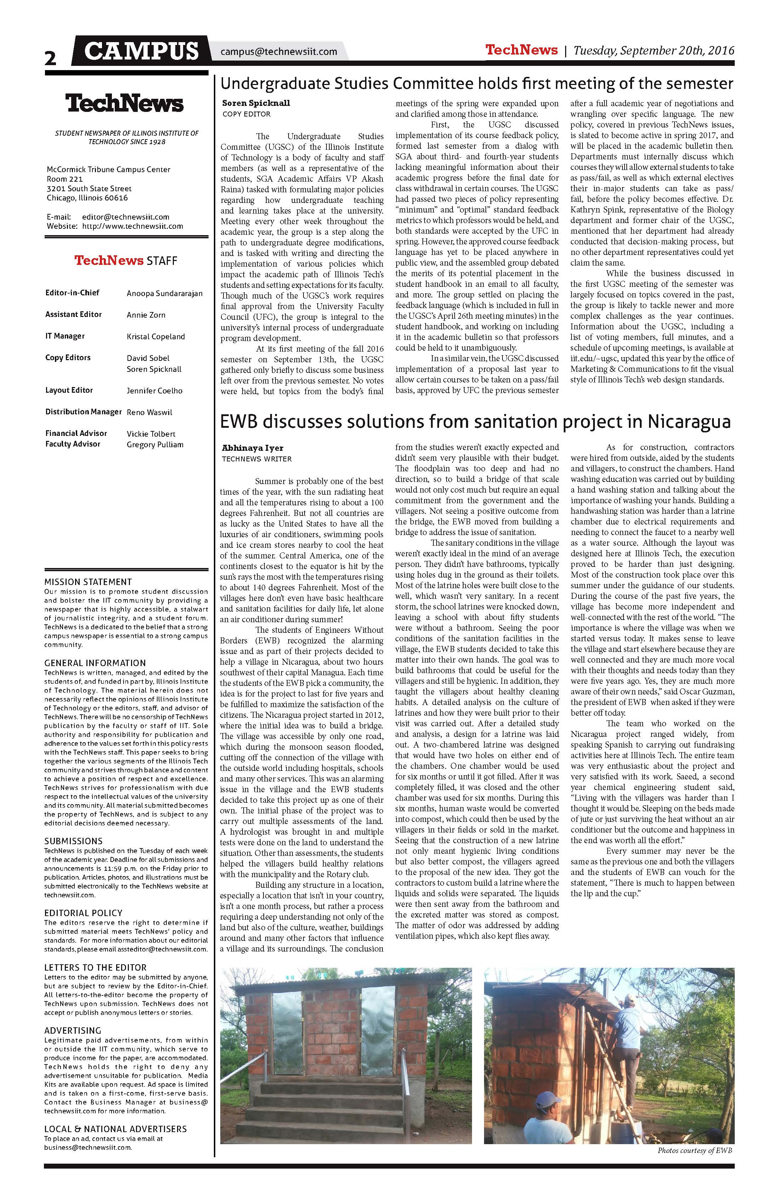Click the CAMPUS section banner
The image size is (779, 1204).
point(141,51)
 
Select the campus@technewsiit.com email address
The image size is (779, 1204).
point(279,52)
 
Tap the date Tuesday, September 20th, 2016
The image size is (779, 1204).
point(654,51)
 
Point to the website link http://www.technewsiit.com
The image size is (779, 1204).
point(132,226)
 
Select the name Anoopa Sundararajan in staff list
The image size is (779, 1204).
point(164,294)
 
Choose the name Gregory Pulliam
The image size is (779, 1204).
point(155,445)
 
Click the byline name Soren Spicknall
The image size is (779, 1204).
point(256,103)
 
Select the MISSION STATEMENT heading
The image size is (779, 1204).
point(87,582)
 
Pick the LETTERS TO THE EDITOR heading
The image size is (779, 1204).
point(95,968)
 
